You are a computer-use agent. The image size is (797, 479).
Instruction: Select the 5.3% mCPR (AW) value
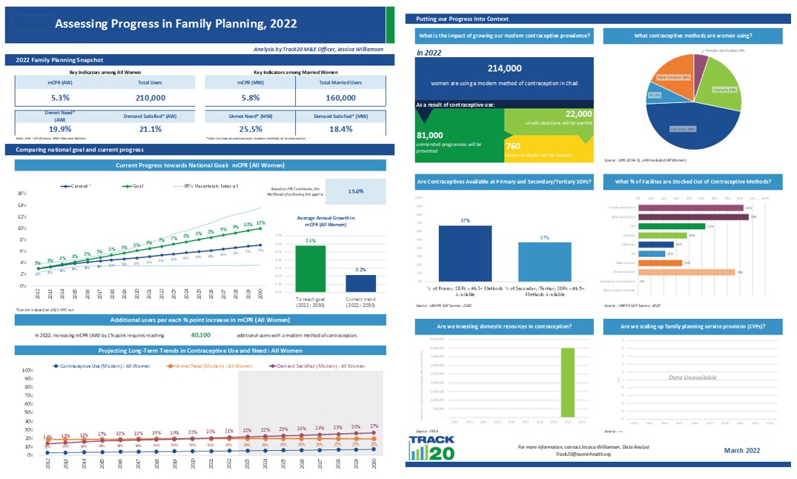[61, 97]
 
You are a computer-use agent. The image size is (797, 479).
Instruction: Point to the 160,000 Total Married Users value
[340, 97]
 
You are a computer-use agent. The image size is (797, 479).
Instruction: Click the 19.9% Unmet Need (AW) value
[61, 128]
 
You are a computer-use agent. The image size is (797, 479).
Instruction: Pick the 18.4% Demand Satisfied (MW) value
[340, 128]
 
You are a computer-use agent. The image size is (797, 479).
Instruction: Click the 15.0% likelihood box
[356, 191]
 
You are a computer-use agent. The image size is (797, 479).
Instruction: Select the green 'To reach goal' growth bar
[311, 269]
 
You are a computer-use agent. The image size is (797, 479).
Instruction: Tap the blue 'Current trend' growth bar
[360, 284]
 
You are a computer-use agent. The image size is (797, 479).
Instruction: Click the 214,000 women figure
[505, 68]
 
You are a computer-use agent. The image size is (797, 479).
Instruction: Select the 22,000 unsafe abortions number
[578, 113]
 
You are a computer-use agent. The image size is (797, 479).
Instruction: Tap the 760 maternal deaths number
[512, 145]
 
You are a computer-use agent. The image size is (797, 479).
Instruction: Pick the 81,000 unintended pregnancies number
[430, 135]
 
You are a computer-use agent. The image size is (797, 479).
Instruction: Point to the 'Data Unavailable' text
[692, 378]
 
